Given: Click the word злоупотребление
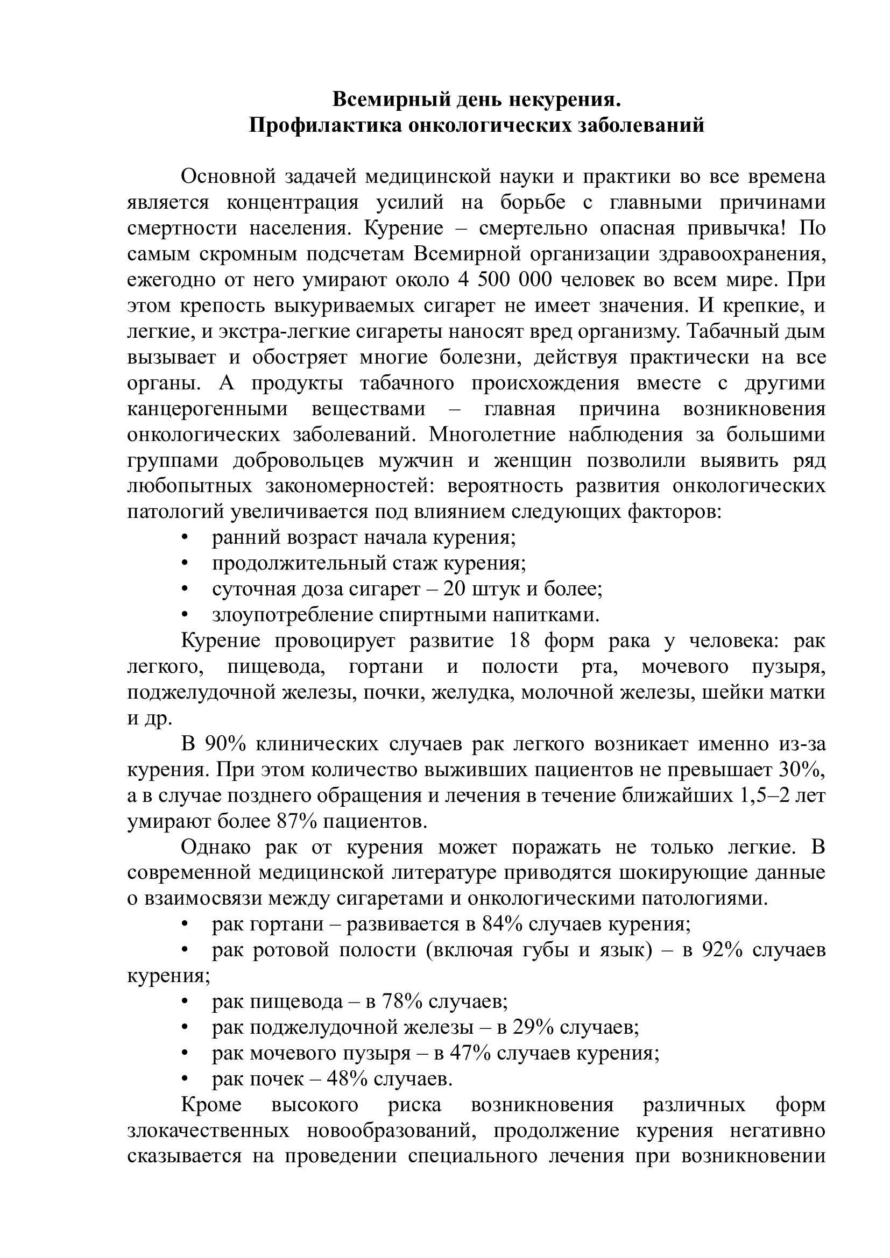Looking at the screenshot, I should (x=292, y=615).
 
